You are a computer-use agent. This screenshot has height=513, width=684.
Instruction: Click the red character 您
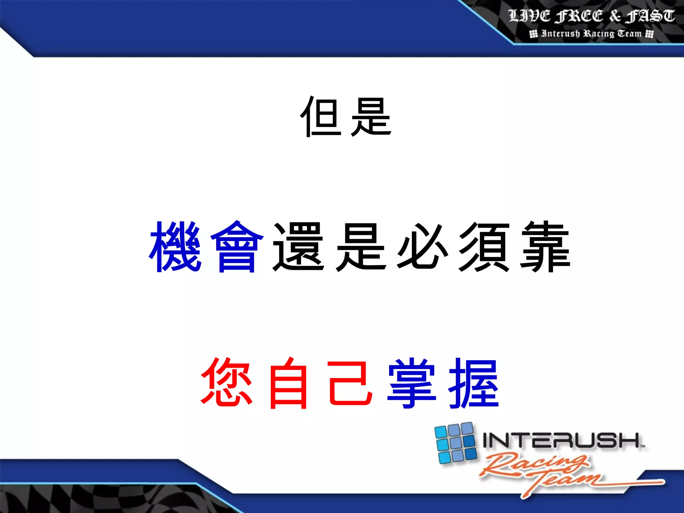tap(227, 383)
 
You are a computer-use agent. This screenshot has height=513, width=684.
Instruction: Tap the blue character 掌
tap(411, 383)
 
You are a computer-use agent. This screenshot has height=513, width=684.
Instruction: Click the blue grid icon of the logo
tap(456, 443)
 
